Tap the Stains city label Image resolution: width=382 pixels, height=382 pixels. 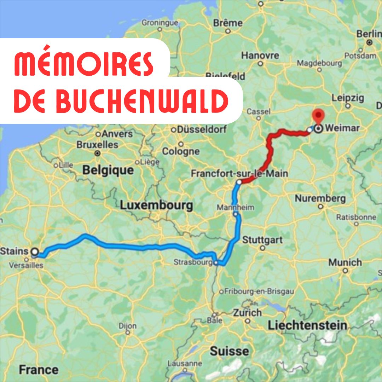coord(15,251)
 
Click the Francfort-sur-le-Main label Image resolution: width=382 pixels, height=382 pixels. coord(239,174)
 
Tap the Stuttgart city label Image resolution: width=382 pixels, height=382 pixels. coord(262,240)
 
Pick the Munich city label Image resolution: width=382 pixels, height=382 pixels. coord(345,262)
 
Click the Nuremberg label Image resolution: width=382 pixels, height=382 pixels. coord(320,198)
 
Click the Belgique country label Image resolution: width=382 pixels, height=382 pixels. coord(108,170)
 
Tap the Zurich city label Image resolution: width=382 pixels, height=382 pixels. coord(247,313)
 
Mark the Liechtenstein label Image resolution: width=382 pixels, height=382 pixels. coord(307,325)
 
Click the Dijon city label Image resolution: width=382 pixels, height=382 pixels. coord(128,325)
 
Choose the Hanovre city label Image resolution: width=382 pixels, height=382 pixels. coord(260,56)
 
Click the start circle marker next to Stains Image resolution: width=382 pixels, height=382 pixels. coord(35,251)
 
